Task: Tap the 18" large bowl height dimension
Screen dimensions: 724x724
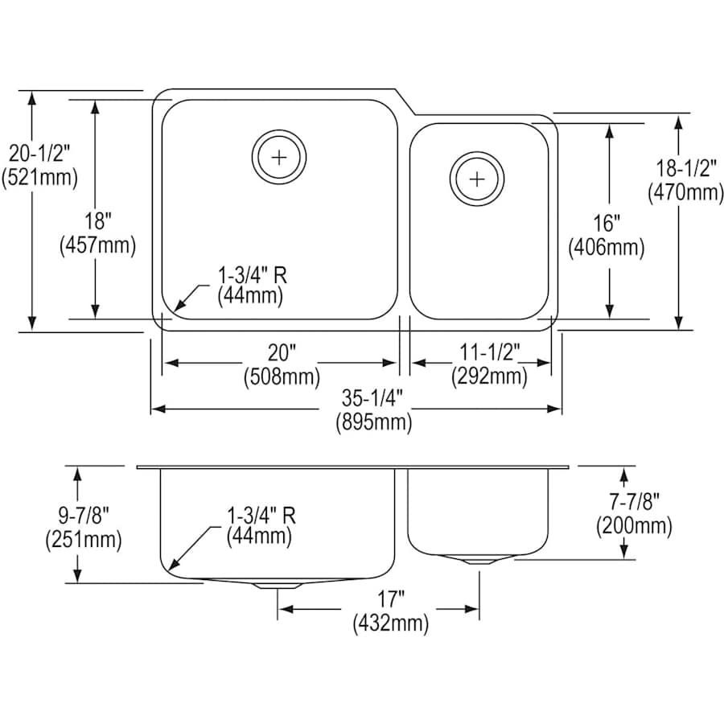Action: [x=97, y=221]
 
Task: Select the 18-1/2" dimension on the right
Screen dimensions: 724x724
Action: [x=685, y=169]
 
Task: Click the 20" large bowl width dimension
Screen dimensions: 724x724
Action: [x=282, y=352]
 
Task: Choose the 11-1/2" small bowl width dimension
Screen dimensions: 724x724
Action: [x=489, y=352]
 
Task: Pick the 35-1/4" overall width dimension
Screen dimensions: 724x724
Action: [x=373, y=398]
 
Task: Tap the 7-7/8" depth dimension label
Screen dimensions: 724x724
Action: [x=633, y=502]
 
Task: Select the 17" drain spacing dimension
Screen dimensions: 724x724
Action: [x=389, y=599]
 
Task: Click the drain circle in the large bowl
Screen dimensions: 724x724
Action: [x=278, y=157]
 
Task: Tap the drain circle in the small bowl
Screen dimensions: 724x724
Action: [x=477, y=176]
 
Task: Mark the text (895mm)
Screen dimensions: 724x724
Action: [x=373, y=422]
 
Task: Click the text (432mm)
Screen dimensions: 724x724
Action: [x=389, y=622]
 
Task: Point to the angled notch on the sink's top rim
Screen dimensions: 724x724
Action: [x=406, y=102]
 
